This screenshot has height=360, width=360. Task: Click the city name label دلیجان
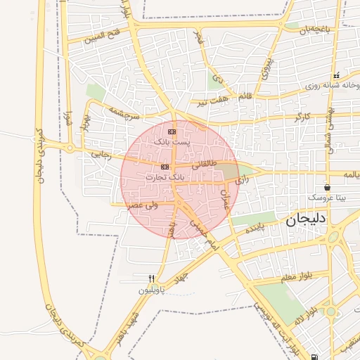coord(307,220)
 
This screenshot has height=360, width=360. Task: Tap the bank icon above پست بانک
coord(172,131)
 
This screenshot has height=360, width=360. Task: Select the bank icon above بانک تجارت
coord(165,167)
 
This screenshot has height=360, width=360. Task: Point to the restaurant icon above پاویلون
coord(151,279)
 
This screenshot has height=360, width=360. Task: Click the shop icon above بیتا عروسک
coord(328,187)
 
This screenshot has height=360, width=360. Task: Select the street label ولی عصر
coord(141,205)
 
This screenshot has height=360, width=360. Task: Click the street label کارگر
coord(302,115)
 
